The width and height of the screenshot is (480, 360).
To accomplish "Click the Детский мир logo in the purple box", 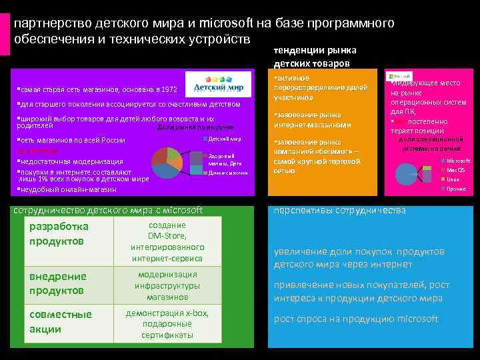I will [x=217, y=86].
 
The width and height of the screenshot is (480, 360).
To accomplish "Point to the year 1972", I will [x=170, y=89].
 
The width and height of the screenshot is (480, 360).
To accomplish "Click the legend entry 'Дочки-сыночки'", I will [x=227, y=173].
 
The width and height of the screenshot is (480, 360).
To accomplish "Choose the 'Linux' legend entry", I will [x=453, y=179].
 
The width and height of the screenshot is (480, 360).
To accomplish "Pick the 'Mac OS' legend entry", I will [x=455, y=170].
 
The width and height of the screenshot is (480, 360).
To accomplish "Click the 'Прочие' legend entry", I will [x=455, y=189].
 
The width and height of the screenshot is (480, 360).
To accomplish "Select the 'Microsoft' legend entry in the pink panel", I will [x=457, y=161].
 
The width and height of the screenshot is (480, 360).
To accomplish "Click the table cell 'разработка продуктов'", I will [x=59, y=233].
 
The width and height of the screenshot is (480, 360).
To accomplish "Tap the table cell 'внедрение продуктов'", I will [x=58, y=283].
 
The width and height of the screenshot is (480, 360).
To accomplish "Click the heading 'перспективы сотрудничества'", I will [x=339, y=211].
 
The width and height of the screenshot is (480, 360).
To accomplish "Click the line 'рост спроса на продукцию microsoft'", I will [x=356, y=319].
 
